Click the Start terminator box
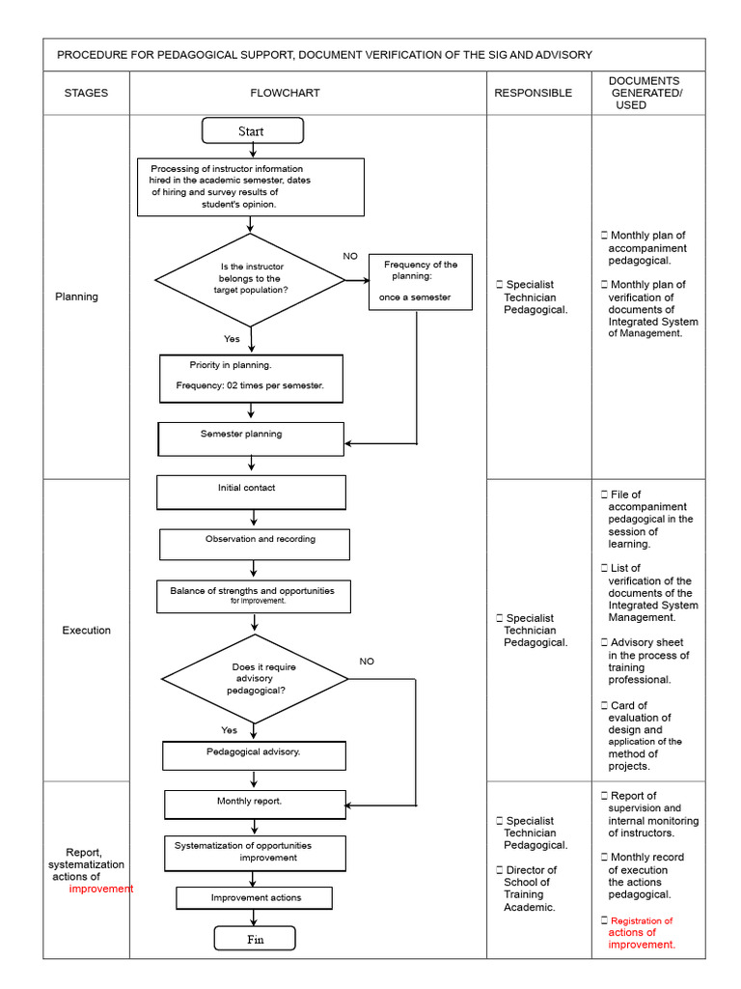coord(253,130)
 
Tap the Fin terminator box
coord(255,939)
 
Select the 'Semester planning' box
coord(251,439)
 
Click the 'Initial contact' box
coord(252,492)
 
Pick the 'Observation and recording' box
coord(255,545)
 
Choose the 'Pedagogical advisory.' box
coord(254,755)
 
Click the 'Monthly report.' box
coord(255,805)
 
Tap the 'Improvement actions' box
coord(254,897)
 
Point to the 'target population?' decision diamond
coord(250,280)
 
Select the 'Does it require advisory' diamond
coord(255,679)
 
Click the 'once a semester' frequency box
coord(421,282)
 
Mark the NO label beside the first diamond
coord(350,256)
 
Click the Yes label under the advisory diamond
coord(230,730)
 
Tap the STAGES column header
coord(86,93)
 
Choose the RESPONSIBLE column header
coord(533,93)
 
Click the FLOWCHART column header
coord(285,93)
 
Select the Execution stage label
coord(86,630)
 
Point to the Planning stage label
coord(76,297)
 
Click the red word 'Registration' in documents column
coord(642,920)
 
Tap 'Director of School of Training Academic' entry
coord(528,889)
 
